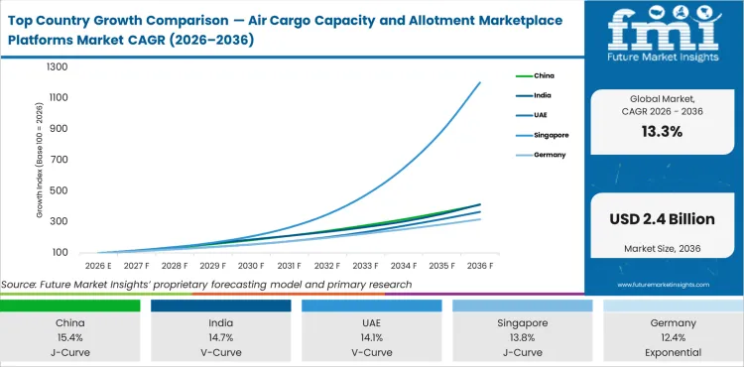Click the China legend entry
(545, 75)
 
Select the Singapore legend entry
(551, 135)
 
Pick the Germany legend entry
(550, 155)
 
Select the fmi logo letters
(664, 33)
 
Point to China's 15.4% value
(69, 337)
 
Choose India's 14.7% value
(220, 337)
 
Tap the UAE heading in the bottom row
(371, 322)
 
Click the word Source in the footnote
(22, 285)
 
